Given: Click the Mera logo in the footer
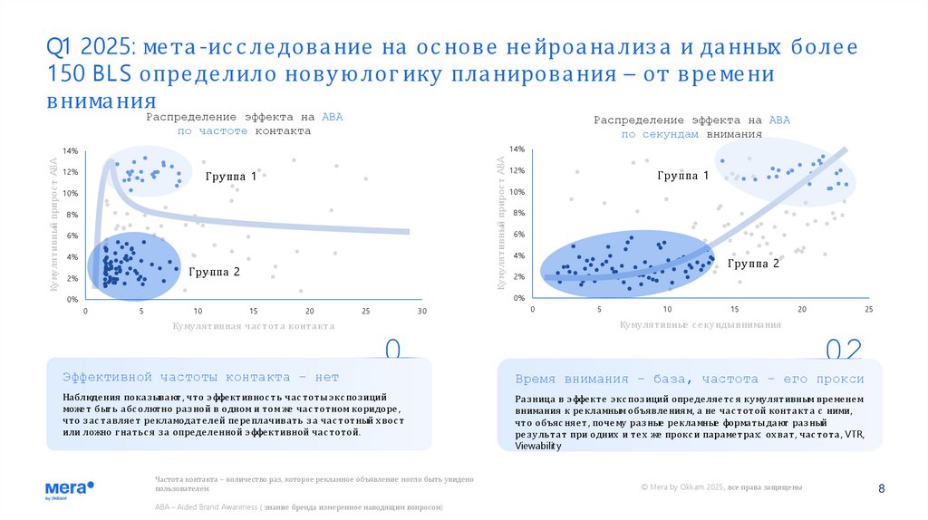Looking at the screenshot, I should [70, 488].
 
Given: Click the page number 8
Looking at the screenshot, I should [882, 489].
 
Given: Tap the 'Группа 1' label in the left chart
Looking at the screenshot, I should [230, 177].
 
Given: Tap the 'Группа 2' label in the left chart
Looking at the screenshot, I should [214, 271].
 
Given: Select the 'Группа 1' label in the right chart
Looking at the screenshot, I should [682, 175].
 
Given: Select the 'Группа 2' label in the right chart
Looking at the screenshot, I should [753, 264].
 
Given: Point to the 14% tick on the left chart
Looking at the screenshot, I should [70, 150].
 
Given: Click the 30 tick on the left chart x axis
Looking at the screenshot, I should [421, 311].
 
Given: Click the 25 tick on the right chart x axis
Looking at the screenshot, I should [868, 310].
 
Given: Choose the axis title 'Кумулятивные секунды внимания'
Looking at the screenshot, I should [700, 324].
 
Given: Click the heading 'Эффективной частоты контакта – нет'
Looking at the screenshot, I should [199, 377].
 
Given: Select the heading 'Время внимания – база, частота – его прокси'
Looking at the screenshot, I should [689, 379].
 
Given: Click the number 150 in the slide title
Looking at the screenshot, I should [69, 74].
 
